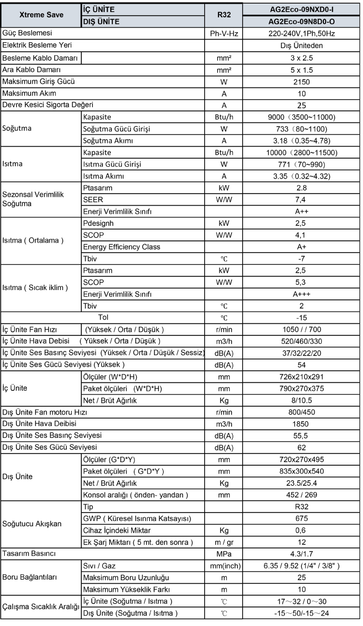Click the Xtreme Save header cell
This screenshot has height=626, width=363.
(x=41, y=15)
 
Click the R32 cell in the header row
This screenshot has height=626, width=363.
(x=224, y=15)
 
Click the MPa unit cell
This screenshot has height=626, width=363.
(x=224, y=554)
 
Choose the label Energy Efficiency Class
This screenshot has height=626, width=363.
(x=122, y=247)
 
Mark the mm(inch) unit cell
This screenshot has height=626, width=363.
(x=224, y=566)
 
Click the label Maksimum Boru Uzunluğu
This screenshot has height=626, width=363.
(x=122, y=578)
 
